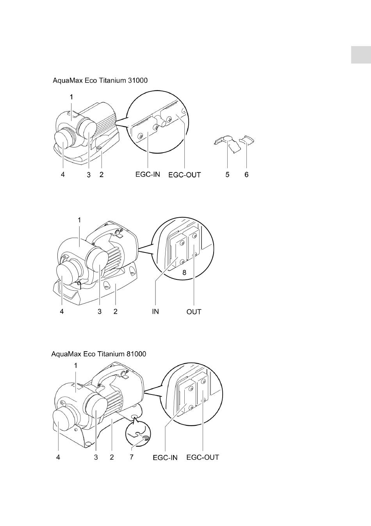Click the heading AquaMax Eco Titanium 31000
pos(100,80)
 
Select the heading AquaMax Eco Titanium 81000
pos(99,354)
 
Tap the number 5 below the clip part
pos(227,175)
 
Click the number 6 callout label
pos(246,175)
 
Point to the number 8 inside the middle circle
pos(184,272)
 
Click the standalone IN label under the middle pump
pos(155,312)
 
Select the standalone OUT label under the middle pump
pos(194,312)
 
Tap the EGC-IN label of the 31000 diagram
pos(148,174)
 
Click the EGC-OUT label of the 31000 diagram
pos(184,175)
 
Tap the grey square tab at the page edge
pos(361,55)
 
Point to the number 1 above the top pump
pos(71,97)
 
